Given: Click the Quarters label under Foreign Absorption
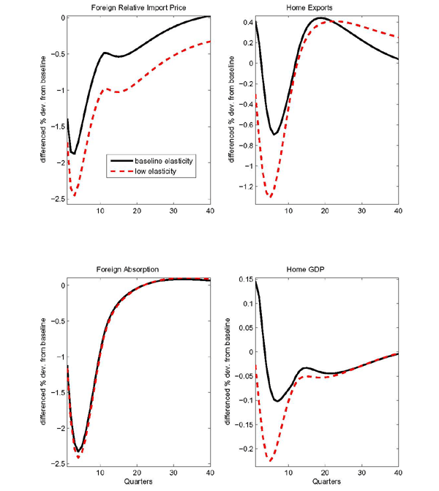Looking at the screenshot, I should pyautogui.click(x=139, y=483).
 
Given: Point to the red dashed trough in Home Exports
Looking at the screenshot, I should pyautogui.click(x=270, y=197).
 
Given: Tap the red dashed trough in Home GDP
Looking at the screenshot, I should pyautogui.click(x=270, y=461).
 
